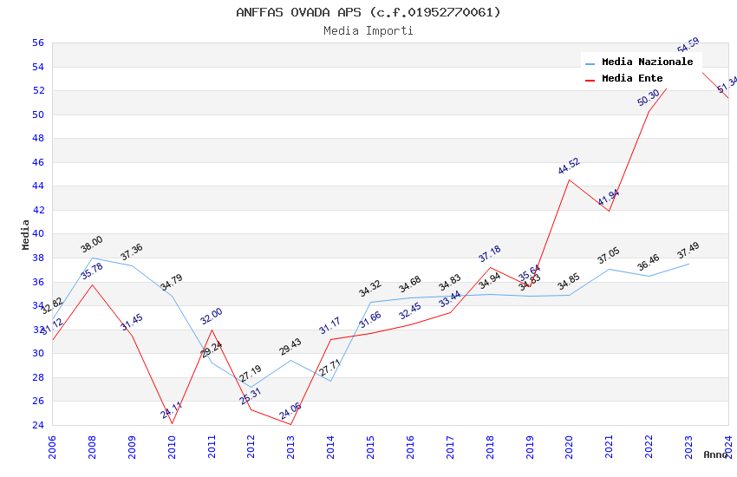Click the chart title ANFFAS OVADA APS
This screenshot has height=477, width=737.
tap(368, 12)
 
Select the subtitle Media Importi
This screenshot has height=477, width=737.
tap(368, 30)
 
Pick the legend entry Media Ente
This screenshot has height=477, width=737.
tap(632, 79)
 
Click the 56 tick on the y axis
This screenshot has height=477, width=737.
tap(37, 43)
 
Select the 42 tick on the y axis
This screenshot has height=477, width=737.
tap(37, 210)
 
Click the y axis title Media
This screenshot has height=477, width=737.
tap(26, 234)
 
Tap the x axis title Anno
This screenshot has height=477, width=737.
tap(715, 454)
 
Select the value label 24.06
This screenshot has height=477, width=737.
tap(290, 412)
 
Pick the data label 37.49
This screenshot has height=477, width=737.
tap(688, 250)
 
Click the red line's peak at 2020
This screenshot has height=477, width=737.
tap(569, 180)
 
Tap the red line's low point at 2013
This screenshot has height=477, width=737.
tap(290, 424)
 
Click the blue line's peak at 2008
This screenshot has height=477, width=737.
tap(92, 258)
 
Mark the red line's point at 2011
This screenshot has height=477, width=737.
tap(211, 330)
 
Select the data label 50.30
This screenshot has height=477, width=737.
tap(648, 98)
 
